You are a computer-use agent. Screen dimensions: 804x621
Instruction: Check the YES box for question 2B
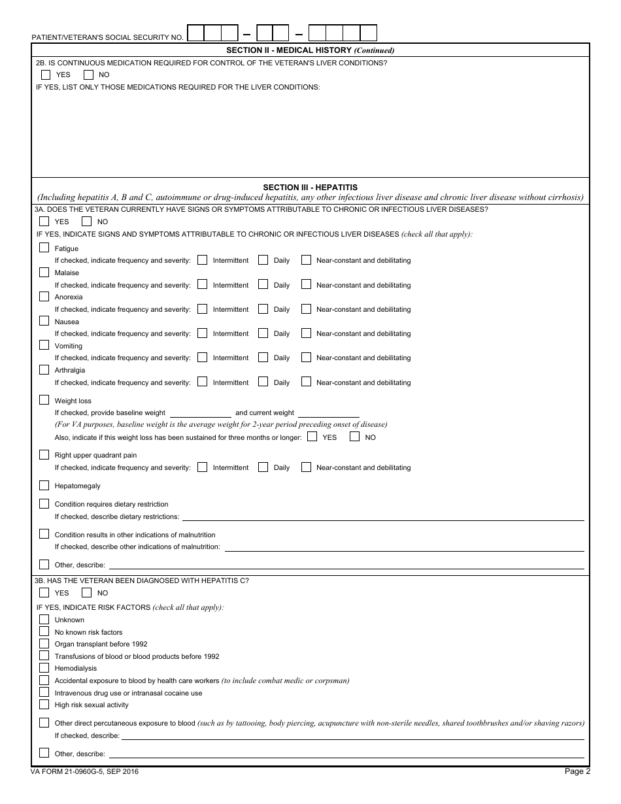45,75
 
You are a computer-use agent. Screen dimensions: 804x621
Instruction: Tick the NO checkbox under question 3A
86,222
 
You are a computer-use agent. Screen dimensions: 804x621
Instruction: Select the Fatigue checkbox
44,248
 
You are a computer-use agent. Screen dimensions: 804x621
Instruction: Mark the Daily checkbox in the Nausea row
263,333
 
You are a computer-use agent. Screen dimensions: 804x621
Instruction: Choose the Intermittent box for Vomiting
202,357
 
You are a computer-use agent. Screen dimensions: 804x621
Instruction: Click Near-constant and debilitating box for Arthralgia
306,382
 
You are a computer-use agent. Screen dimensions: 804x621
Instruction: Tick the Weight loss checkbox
44,400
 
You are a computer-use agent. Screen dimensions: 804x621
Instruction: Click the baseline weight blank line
200,413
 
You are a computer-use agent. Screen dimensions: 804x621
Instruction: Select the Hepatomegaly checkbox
44,485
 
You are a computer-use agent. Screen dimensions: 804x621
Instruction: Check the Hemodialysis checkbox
44,667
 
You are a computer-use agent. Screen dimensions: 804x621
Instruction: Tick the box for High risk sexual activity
44,704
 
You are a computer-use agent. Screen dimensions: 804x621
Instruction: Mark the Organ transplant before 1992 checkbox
44,643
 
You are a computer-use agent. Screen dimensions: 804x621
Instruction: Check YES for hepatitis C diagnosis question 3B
44,592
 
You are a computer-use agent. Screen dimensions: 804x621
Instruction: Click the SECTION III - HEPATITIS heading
310,187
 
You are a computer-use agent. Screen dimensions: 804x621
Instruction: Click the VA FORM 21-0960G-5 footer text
85,772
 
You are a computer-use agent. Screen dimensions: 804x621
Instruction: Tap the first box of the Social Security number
195,33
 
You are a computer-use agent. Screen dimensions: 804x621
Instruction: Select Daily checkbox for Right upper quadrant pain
263,467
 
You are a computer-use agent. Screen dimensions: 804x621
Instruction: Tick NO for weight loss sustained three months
354,437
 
